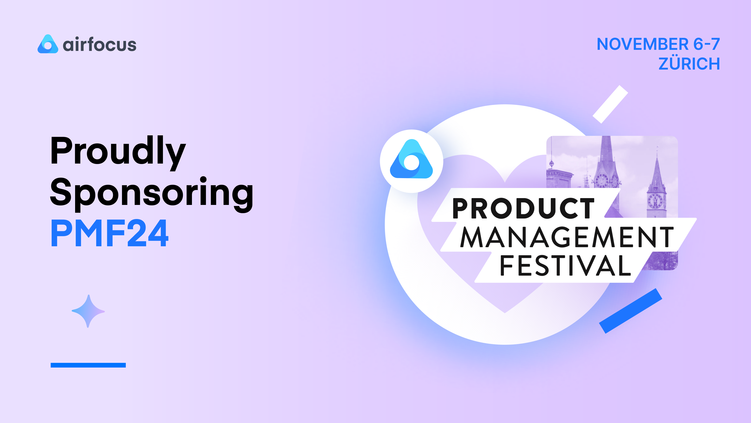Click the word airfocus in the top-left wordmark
(x=100, y=45)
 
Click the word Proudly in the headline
(x=118, y=152)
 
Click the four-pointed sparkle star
(x=88, y=311)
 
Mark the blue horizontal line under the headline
(x=88, y=365)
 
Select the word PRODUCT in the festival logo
(x=523, y=208)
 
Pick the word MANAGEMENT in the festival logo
(x=567, y=237)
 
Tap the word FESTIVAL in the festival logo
(x=565, y=265)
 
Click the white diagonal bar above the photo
(x=610, y=104)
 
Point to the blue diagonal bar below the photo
(x=631, y=311)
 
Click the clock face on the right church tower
(x=655, y=201)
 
